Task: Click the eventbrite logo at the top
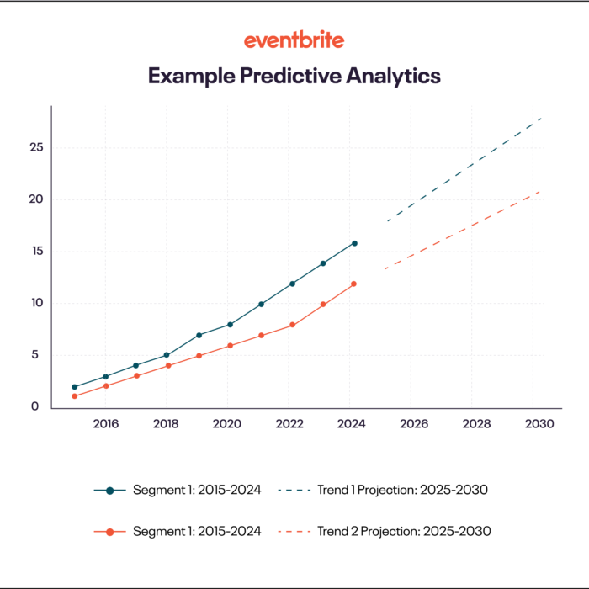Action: click(x=294, y=40)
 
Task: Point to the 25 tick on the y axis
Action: click(x=36, y=148)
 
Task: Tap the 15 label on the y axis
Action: click(x=36, y=252)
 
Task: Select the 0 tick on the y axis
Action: click(x=34, y=406)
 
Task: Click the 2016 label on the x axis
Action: click(x=105, y=425)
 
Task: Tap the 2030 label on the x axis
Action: click(x=539, y=425)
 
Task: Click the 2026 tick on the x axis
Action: click(x=414, y=425)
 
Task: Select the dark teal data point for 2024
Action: click(x=354, y=243)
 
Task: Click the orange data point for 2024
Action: click(x=354, y=284)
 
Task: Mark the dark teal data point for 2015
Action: click(x=75, y=387)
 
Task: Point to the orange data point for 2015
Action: click(x=75, y=396)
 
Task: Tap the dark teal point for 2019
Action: click(x=199, y=335)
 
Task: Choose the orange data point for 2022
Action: click(x=292, y=325)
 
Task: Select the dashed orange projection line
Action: click(x=463, y=230)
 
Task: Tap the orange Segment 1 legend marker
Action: click(x=109, y=532)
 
